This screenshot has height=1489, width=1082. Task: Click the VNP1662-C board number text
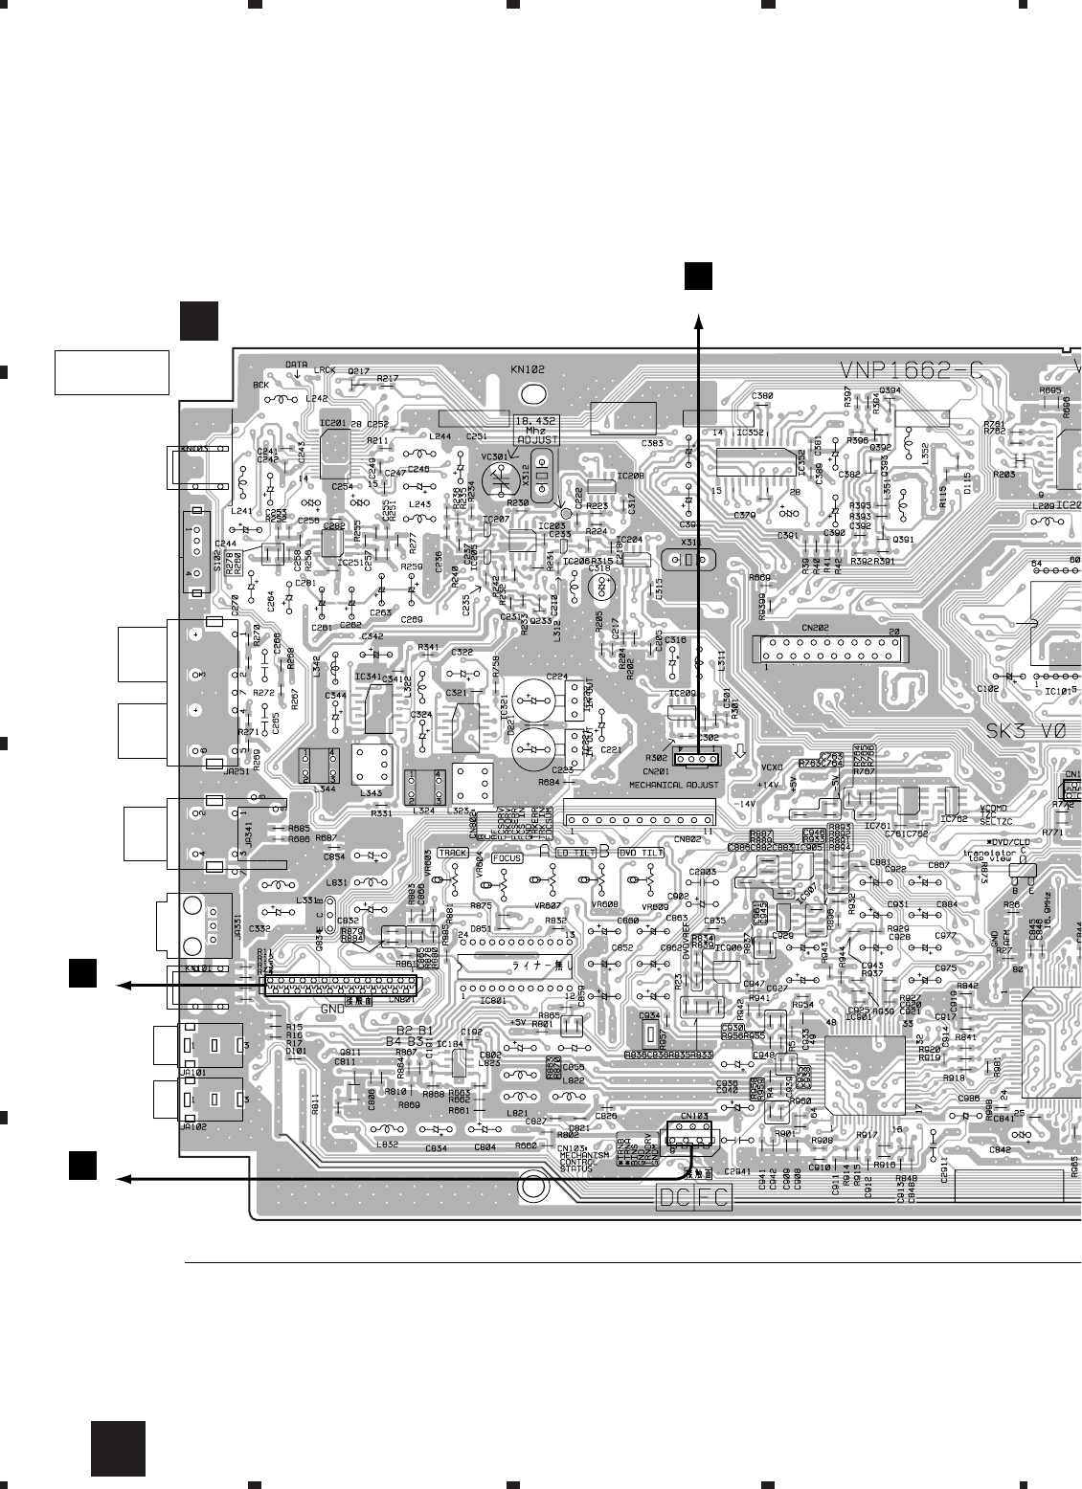pyautogui.click(x=911, y=371)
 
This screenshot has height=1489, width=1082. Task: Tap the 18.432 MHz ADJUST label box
pyautogui.click(x=536, y=429)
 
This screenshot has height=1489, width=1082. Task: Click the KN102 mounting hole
pyautogui.click(x=529, y=393)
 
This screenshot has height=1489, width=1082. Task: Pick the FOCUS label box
pyautogui.click(x=507, y=858)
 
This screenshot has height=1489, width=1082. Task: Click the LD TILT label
pyautogui.click(x=575, y=852)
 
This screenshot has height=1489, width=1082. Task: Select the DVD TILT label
pyautogui.click(x=641, y=852)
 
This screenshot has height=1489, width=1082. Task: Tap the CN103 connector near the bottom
pyautogui.click(x=688, y=1134)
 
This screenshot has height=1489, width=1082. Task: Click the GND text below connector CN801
pyautogui.click(x=331, y=1009)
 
